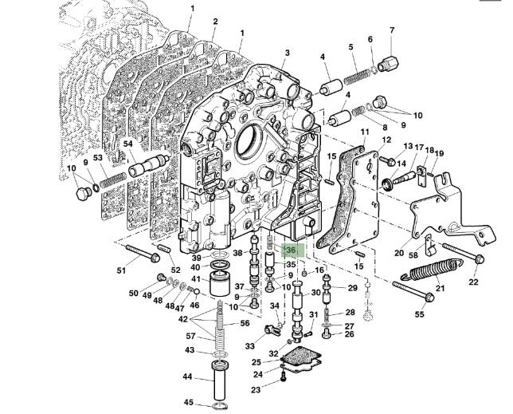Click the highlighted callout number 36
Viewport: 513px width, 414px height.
point(291,250)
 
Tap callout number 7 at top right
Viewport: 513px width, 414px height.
point(392,30)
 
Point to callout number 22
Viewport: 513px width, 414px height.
point(473,282)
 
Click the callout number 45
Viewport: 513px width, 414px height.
point(190,402)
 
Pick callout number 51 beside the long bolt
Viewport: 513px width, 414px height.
point(122,270)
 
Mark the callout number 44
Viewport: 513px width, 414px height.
point(189,377)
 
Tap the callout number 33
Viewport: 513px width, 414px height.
point(251,346)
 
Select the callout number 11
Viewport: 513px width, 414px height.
point(365,132)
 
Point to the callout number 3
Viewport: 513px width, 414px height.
point(287,53)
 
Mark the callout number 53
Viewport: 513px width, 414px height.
point(98,158)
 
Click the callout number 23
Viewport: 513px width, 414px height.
point(256,390)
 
